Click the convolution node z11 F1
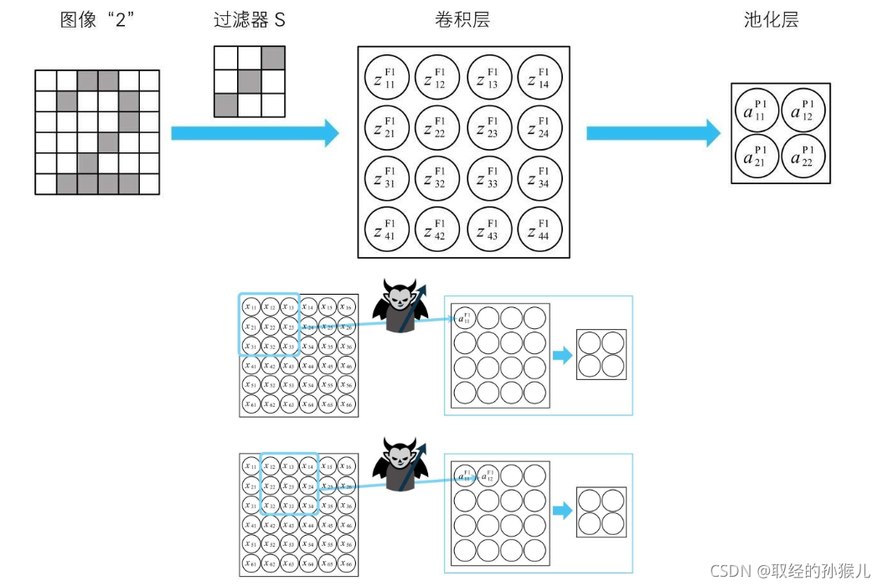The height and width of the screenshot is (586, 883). coord(387,77)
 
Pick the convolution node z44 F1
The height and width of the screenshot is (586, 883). coord(540,231)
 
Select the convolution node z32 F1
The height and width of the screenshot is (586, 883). coord(438,179)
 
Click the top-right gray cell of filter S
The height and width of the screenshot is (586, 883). coord(273,58)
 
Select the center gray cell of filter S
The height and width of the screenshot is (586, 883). coord(250,81)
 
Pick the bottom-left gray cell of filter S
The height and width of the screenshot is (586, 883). coord(226,105)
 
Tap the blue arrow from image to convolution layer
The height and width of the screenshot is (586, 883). coord(255,132)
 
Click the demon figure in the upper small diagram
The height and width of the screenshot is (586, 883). coord(404,306)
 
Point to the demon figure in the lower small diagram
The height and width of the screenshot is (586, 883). coord(404,465)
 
